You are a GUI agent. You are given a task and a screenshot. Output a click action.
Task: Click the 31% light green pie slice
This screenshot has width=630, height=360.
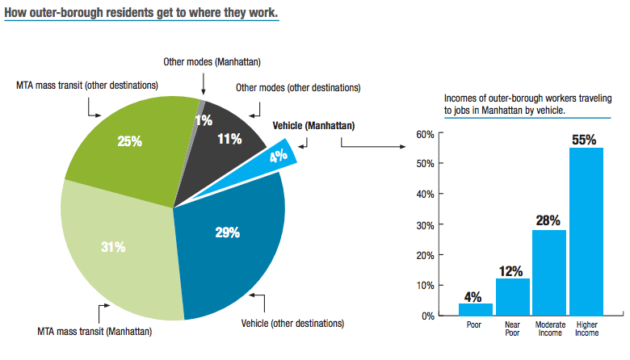pos(113,246)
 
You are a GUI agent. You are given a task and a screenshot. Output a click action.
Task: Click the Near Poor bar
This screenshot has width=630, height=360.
pos(513,297)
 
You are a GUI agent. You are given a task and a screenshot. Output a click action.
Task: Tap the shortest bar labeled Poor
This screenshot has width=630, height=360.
pos(476,309)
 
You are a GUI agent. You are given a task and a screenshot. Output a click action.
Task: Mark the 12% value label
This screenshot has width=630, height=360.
pos(513,270)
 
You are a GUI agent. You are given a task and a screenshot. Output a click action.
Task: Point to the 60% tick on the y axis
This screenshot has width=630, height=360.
pos(426,133)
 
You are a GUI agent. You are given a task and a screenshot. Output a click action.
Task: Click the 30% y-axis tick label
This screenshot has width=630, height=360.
pos(426,224)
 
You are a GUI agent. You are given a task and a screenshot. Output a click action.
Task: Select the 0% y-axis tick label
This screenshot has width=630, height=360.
pos(428,316)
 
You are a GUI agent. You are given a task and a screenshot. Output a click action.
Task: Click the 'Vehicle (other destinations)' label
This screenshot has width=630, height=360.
pos(292,324)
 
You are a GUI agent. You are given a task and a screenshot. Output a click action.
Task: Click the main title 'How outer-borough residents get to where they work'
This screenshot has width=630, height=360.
pos(141,14)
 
